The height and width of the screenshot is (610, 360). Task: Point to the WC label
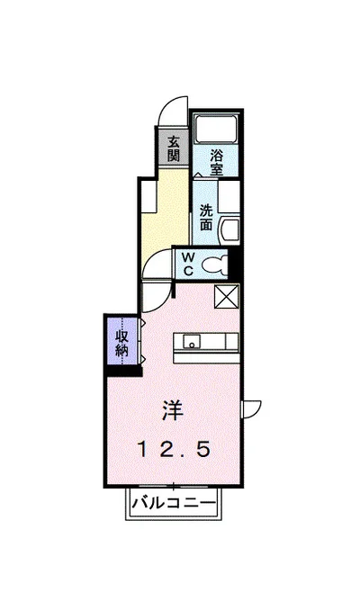(188, 262)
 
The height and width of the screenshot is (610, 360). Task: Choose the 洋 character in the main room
(173, 410)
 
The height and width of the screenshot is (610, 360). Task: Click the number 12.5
(173, 447)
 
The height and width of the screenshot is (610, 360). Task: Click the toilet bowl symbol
(216, 264)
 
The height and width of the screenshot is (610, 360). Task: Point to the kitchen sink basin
(192, 341)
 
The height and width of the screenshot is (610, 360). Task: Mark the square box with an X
(225, 297)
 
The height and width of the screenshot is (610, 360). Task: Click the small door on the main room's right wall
(253, 407)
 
